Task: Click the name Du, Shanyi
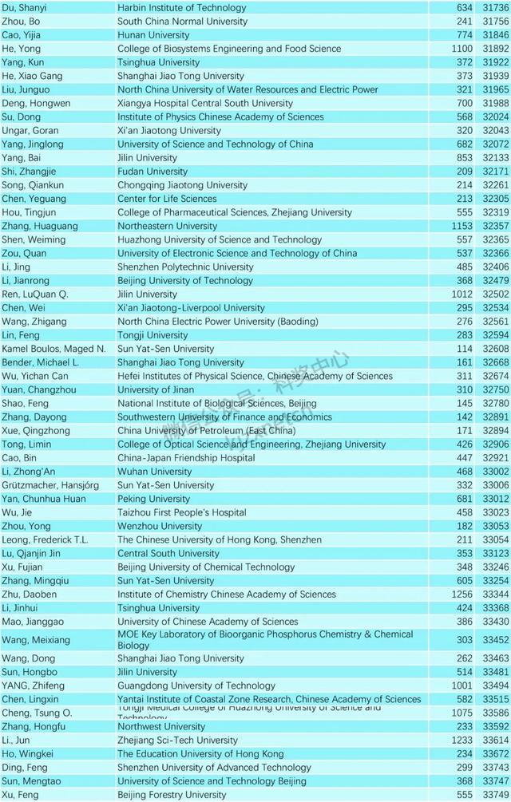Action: (24, 8)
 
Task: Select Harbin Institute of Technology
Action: (182, 8)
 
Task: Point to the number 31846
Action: (496, 35)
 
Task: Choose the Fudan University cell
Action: (153, 172)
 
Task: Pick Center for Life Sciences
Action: (167, 199)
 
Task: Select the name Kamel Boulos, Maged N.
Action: (53, 349)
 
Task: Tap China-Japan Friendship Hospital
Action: (186, 458)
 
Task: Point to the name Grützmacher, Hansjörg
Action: (50, 485)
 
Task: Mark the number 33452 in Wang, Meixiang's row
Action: (496, 640)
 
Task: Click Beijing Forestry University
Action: (172, 795)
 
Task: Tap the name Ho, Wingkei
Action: (28, 754)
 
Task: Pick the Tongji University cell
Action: (153, 335)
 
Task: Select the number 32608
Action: (496, 349)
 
